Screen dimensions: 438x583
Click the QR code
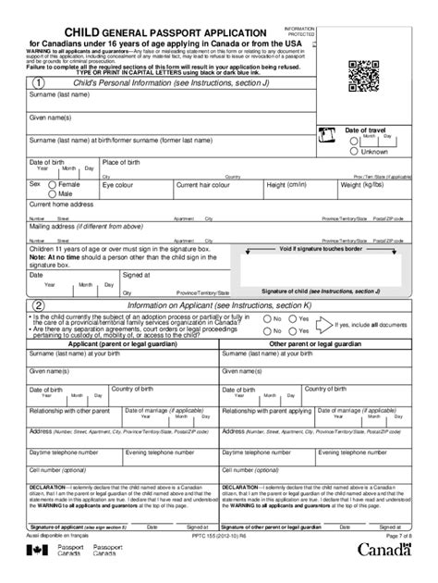[x=366, y=74]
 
